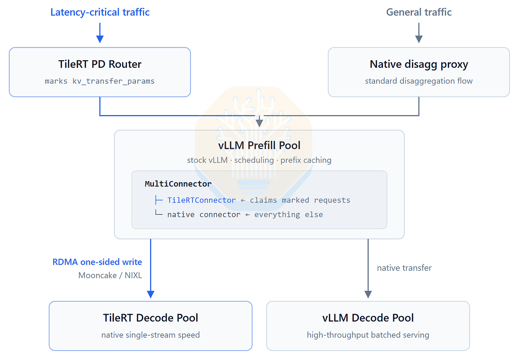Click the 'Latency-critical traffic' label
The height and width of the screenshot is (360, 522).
tap(100, 12)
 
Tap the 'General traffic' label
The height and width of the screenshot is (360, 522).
tap(419, 12)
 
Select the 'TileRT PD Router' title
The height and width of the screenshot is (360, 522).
tap(100, 64)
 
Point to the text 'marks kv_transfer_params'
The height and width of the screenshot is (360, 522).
tap(100, 81)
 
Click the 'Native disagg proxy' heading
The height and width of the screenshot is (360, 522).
tap(419, 64)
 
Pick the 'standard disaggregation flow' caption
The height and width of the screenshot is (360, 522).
tap(419, 81)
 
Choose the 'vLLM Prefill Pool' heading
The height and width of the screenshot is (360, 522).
tap(259, 145)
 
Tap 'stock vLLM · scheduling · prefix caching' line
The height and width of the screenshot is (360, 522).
tap(259, 160)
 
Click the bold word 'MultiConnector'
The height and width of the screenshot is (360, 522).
tap(178, 184)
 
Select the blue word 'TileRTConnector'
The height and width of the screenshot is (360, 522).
tap(201, 200)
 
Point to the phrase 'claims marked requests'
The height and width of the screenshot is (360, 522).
tap(300, 200)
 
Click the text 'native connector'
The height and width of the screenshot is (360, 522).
tap(204, 214)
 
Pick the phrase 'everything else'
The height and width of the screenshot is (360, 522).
tap(289, 214)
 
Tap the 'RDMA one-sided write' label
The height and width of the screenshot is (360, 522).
tap(97, 262)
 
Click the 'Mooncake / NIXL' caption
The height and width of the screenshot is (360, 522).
tap(110, 275)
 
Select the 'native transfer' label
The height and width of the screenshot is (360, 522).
tap(404, 268)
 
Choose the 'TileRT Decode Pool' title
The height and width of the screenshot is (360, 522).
tap(151, 318)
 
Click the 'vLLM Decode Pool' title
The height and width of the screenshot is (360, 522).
tap(368, 318)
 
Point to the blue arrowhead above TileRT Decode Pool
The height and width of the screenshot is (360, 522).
tap(151, 294)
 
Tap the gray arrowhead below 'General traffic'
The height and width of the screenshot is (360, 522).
tap(419, 39)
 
